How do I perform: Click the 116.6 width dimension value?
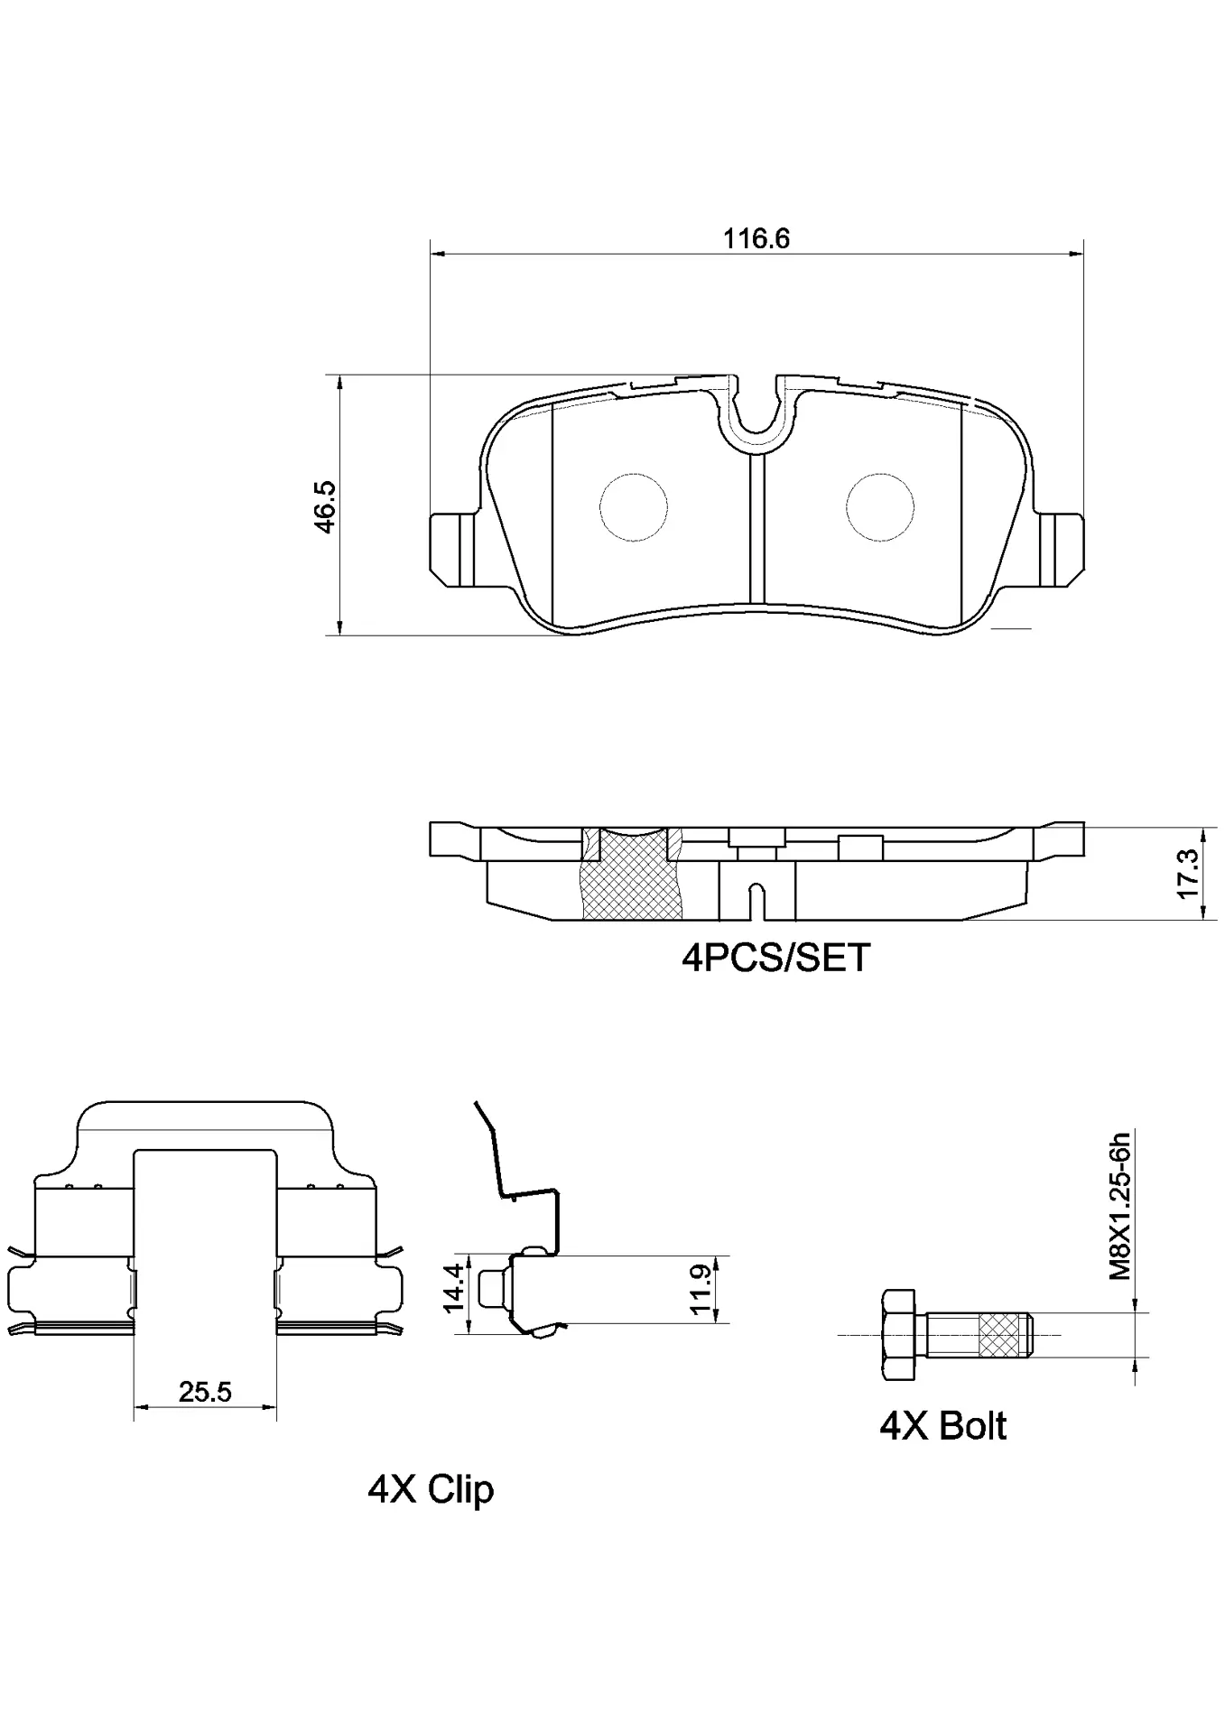[756, 239]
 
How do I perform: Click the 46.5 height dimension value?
[325, 505]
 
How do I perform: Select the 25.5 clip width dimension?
[205, 1392]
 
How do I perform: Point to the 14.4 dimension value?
[454, 1287]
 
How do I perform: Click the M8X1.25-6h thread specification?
[1119, 1205]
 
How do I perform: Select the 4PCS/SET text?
[775, 958]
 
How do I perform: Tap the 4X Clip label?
[431, 1488]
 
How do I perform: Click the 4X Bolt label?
[942, 1426]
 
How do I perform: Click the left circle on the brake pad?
[634, 507]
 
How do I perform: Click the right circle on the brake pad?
[880, 507]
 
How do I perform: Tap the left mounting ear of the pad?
[451, 549]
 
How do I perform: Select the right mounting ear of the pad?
[1062, 549]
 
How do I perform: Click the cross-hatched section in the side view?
[631, 876]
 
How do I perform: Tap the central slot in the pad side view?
[756, 900]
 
